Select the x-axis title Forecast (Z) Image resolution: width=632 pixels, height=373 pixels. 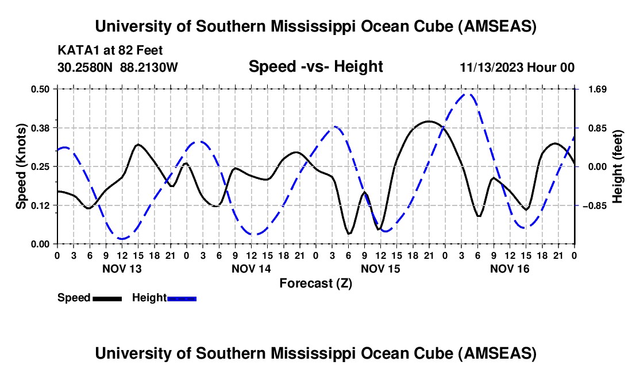tap(315, 283)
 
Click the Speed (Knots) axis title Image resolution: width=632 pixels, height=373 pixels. tap(21, 166)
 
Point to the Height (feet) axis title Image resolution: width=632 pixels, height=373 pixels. tap(618, 166)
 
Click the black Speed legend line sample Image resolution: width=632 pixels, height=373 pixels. tap(107, 298)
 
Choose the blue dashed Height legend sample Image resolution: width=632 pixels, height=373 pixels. tap(182, 298)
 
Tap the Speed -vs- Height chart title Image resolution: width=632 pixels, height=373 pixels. tap(315, 67)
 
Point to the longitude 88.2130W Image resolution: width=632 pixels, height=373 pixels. tap(149, 68)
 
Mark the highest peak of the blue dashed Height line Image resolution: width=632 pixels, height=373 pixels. tap(468, 95)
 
